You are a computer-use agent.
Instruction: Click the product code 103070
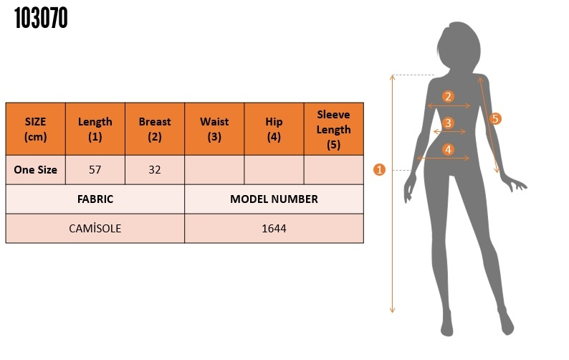[x=41, y=18]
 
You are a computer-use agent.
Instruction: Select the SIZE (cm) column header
[x=36, y=129]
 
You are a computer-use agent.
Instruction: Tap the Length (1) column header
[x=95, y=129]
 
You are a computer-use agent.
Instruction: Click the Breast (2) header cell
[x=155, y=129]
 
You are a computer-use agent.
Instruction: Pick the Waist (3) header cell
[x=214, y=129]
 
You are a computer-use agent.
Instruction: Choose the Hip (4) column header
[x=274, y=129]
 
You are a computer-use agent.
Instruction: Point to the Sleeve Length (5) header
[x=333, y=129]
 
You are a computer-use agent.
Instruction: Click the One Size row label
[x=36, y=170]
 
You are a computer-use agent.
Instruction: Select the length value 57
[x=95, y=170]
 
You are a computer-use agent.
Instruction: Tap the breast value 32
[x=155, y=170]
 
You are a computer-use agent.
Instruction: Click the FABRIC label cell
[x=95, y=199]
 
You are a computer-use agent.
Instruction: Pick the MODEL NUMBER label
[x=274, y=199]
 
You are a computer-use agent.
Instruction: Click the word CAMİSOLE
[x=95, y=229]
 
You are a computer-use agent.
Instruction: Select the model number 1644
[x=274, y=229]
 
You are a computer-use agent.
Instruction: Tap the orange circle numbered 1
[x=379, y=170]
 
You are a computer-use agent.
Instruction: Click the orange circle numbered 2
[x=448, y=96]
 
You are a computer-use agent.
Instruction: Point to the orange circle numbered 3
[x=448, y=123]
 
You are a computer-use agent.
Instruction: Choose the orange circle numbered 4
[x=448, y=149]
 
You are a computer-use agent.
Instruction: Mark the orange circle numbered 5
[x=495, y=118]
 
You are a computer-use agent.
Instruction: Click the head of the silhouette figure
[x=459, y=45]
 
